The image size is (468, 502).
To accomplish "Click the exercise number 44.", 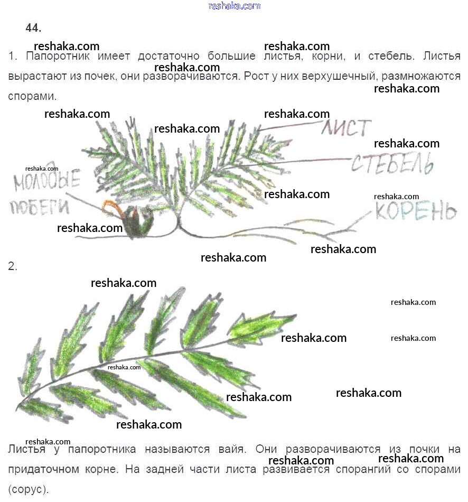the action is [33, 28].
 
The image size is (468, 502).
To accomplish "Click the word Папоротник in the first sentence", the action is [58, 57].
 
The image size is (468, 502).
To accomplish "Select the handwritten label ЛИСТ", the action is [346, 128].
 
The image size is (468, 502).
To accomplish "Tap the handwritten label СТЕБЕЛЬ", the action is [392, 164].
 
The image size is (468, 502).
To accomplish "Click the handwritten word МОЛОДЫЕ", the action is [46, 180].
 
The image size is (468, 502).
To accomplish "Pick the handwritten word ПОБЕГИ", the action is [40, 207].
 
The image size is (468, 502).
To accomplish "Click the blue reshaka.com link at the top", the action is [235, 6].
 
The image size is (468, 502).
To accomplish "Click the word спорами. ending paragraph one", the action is [32, 97].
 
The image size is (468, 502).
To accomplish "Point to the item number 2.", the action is [13, 266].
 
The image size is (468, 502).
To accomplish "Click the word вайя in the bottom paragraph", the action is [232, 449].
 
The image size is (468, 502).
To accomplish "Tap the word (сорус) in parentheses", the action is [28, 489].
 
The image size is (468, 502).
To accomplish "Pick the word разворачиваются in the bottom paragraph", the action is [333, 450].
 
